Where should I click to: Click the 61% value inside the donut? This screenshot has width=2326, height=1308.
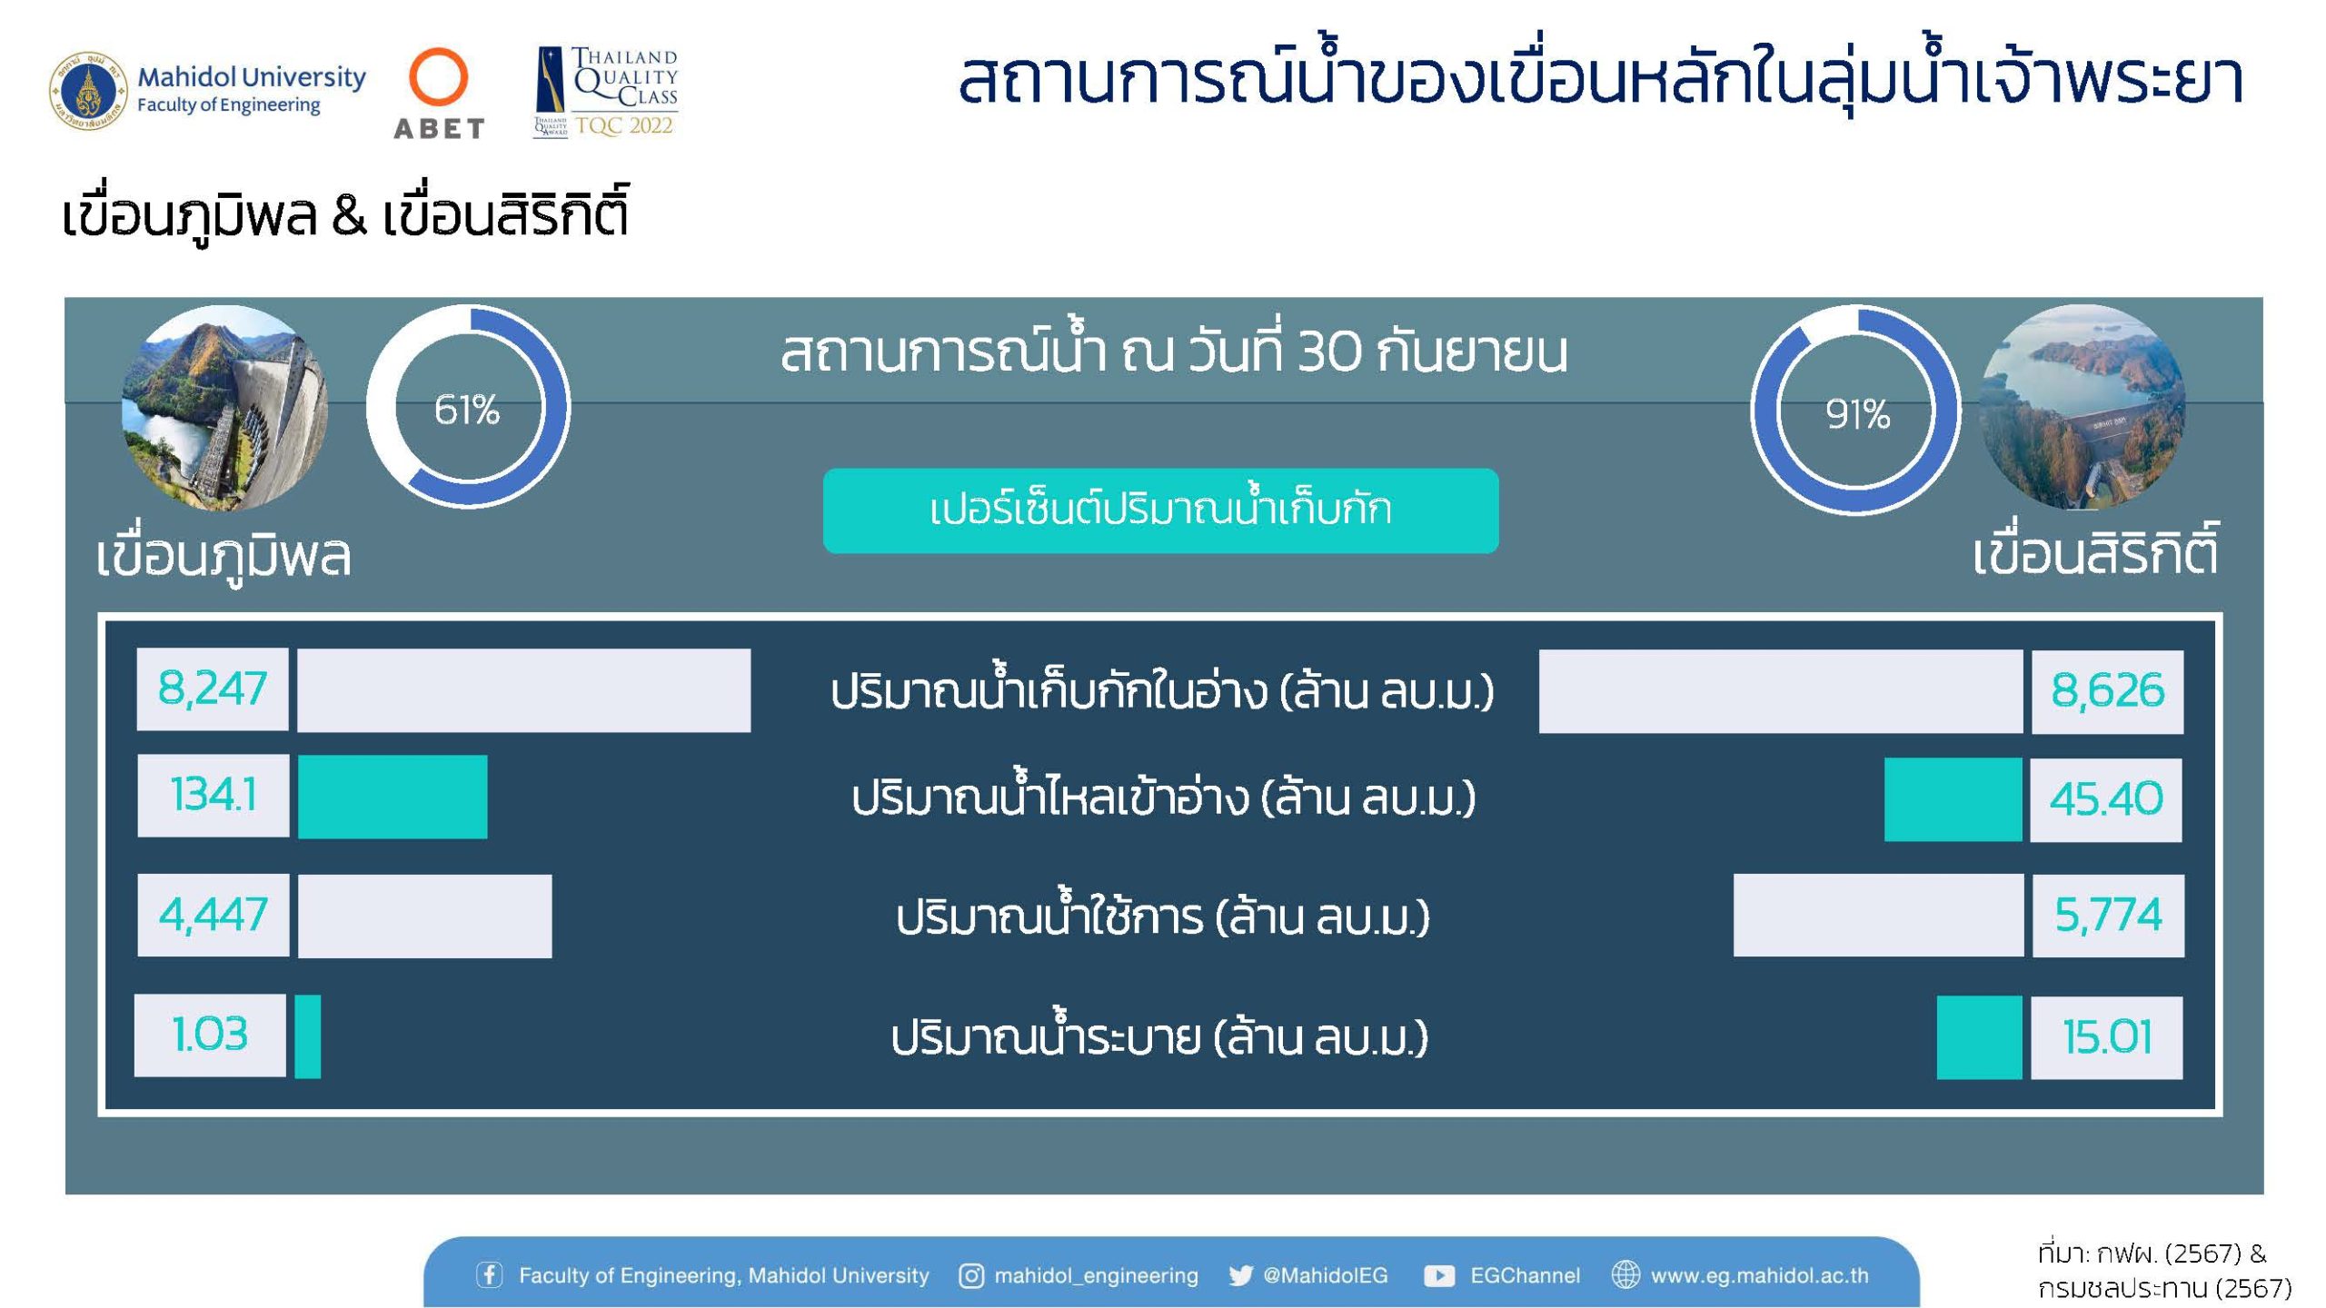(x=467, y=410)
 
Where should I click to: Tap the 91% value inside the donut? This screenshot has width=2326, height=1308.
(x=1857, y=414)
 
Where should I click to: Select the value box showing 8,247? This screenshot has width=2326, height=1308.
(x=213, y=689)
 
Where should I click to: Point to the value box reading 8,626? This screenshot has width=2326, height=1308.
(x=2107, y=691)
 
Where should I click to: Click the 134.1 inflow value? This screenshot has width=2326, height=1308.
(x=214, y=795)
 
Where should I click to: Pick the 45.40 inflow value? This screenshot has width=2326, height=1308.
(x=2106, y=799)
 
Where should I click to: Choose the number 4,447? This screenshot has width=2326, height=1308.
(x=214, y=914)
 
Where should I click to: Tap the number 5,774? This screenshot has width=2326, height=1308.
(x=2108, y=915)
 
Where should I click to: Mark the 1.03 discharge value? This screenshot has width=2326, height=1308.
(x=210, y=1035)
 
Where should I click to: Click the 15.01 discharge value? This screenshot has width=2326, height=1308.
(x=2107, y=1037)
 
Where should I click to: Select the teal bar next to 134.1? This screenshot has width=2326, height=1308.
(x=393, y=797)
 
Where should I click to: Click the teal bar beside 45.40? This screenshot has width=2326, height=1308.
(x=1953, y=799)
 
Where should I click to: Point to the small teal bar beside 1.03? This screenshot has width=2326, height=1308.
(x=308, y=1036)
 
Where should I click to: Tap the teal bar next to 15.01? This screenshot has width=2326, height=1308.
(x=1979, y=1037)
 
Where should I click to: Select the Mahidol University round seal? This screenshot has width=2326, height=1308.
(x=88, y=91)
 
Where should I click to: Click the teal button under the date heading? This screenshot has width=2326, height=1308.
(x=1160, y=510)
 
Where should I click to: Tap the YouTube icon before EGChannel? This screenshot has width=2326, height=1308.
(x=1439, y=1276)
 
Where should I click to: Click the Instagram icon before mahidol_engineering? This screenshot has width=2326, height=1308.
(x=970, y=1276)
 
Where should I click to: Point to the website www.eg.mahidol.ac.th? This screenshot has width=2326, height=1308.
(x=1759, y=1276)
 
